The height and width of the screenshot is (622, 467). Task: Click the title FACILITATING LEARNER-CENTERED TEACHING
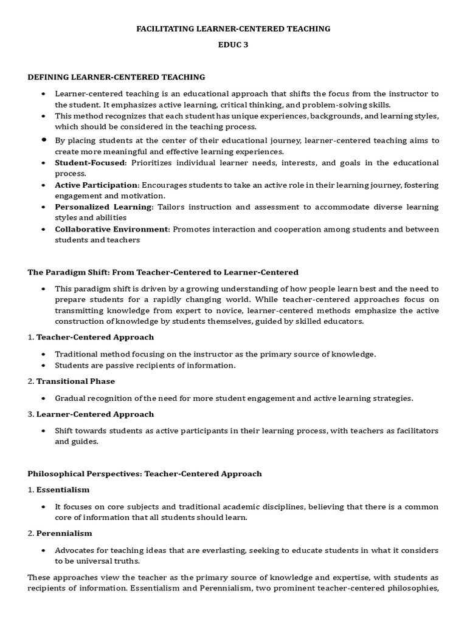click(x=233, y=28)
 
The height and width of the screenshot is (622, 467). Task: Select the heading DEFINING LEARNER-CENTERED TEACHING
click(x=116, y=77)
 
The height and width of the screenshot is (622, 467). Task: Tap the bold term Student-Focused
click(x=89, y=163)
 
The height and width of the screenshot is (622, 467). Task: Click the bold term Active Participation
click(x=96, y=185)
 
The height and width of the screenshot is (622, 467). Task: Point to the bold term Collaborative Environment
click(x=111, y=229)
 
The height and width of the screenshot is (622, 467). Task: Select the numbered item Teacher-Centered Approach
click(x=95, y=337)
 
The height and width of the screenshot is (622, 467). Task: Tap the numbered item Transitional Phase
click(x=75, y=381)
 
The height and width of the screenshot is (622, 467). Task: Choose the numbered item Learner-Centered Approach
click(x=95, y=414)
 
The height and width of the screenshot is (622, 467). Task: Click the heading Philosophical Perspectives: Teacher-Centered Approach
click(x=145, y=474)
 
